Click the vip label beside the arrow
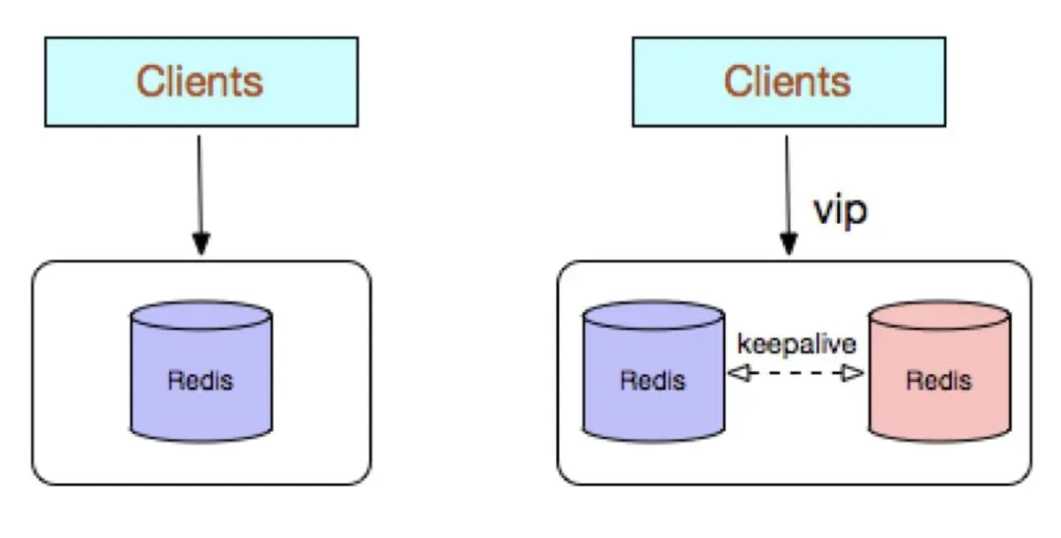click(x=840, y=211)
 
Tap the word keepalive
click(x=797, y=344)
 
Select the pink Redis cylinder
click(x=939, y=372)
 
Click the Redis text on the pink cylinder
click(x=938, y=381)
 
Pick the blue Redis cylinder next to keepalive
click(x=653, y=372)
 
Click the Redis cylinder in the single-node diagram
click(x=201, y=372)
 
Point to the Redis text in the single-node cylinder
click(x=200, y=381)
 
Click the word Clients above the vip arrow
click(x=787, y=81)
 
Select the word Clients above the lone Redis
click(x=199, y=81)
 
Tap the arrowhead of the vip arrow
click(x=788, y=243)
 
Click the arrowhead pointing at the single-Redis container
click(x=201, y=243)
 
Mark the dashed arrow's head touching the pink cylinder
click(x=853, y=372)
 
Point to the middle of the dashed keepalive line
click(x=796, y=372)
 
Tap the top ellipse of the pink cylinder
click(x=939, y=316)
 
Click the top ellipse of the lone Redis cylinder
click(x=201, y=316)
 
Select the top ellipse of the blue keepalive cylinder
click(x=653, y=316)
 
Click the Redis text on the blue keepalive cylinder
click(x=653, y=381)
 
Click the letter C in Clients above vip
click(x=738, y=81)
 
